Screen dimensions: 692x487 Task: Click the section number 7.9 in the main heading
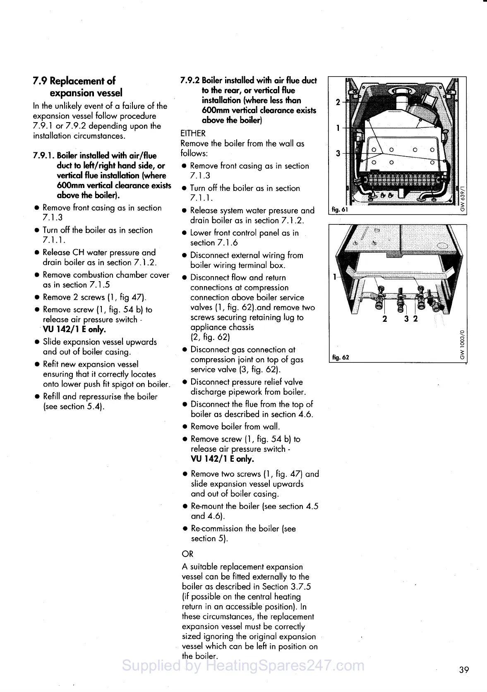[40, 81]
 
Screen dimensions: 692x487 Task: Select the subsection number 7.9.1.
[43, 156]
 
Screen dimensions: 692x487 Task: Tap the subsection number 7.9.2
[190, 80]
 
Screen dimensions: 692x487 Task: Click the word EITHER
[193, 133]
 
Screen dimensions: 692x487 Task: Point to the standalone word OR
[187, 554]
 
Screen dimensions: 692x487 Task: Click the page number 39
[464, 670]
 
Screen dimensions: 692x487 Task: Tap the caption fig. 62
[341, 357]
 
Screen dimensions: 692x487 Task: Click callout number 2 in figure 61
[338, 102]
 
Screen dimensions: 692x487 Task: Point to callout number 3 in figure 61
[338, 154]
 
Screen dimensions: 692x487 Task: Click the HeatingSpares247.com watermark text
[243, 665]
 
